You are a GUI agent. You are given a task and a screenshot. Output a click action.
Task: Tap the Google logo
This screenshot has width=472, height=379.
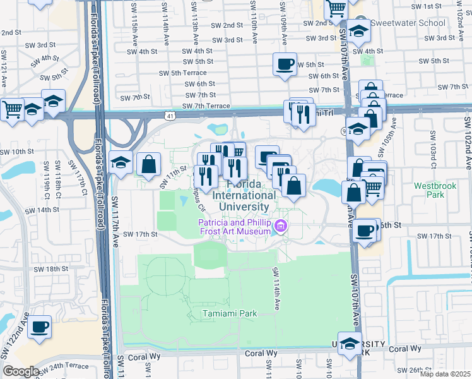(x=20, y=371)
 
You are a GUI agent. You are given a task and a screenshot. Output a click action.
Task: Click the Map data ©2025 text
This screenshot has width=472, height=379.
(x=444, y=374)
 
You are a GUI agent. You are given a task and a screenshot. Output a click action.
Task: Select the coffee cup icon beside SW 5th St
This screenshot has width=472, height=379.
(x=285, y=64)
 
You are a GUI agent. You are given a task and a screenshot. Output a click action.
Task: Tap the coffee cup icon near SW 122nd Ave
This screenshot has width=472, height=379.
(x=39, y=327)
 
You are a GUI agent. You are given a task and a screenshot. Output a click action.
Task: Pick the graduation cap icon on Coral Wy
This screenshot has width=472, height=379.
(x=350, y=344)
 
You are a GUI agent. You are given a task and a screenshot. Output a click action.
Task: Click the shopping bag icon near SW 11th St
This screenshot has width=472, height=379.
(x=148, y=165)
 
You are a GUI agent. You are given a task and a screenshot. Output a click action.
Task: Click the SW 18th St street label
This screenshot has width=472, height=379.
(x=69, y=269)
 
